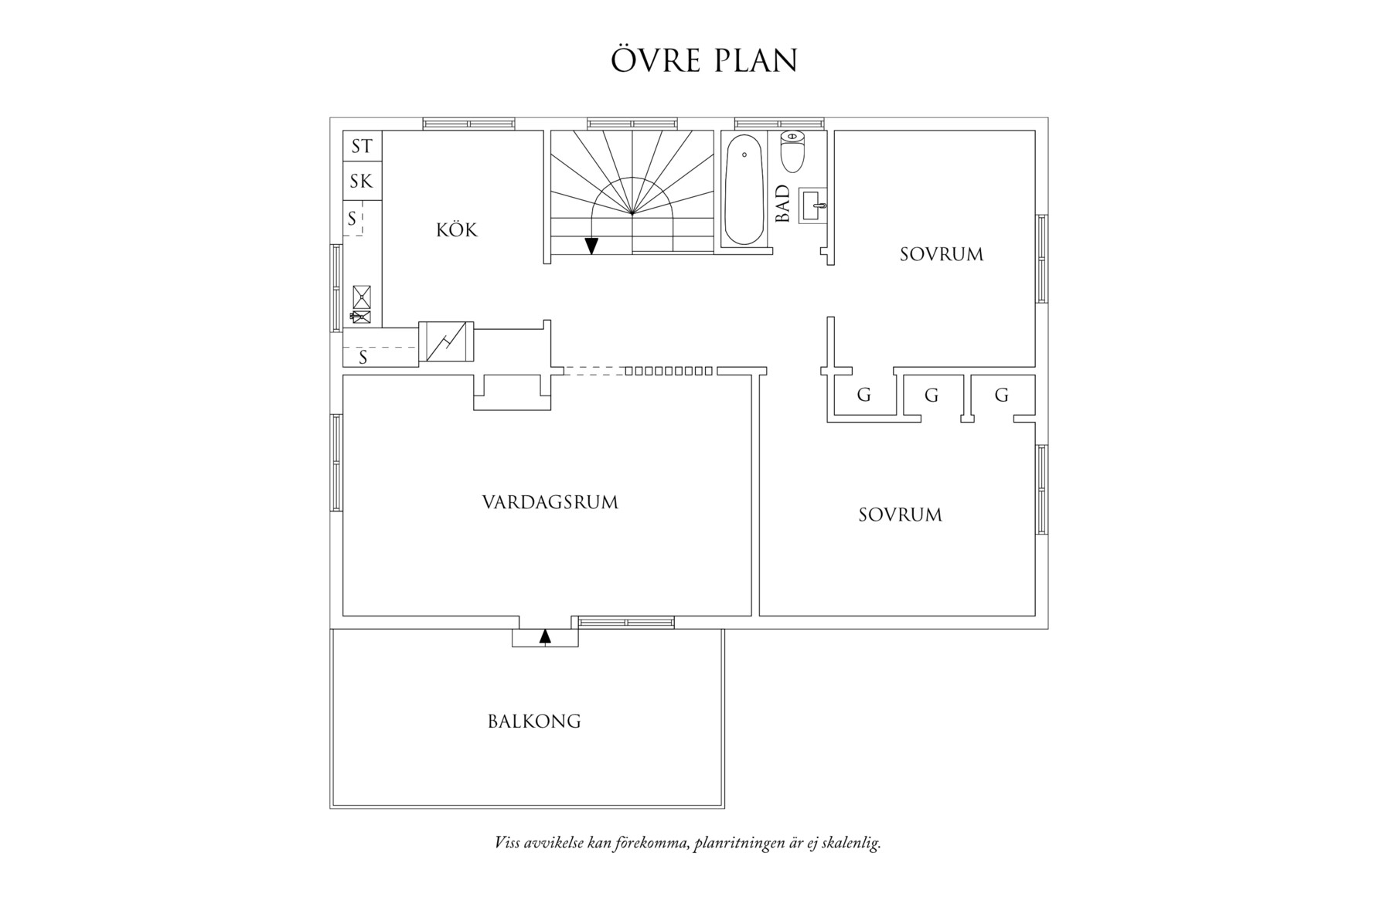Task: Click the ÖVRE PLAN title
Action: pos(703,61)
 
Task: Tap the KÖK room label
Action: pos(457,230)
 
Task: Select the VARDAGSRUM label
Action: pos(550,503)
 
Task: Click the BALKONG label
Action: pos(534,722)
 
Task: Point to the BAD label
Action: pos(783,204)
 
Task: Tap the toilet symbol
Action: pos(792,151)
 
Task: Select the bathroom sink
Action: pos(813,205)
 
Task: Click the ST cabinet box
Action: pos(362,146)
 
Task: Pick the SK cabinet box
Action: pos(362,182)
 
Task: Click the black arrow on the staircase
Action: pos(591,246)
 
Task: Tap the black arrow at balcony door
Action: pos(545,637)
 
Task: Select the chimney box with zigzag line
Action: pos(446,341)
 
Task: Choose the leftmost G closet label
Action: pos(864,396)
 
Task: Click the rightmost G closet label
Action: pos(1002,396)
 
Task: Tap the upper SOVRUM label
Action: pos(942,254)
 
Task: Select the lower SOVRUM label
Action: pos(901,515)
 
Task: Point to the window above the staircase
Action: pos(633,124)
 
